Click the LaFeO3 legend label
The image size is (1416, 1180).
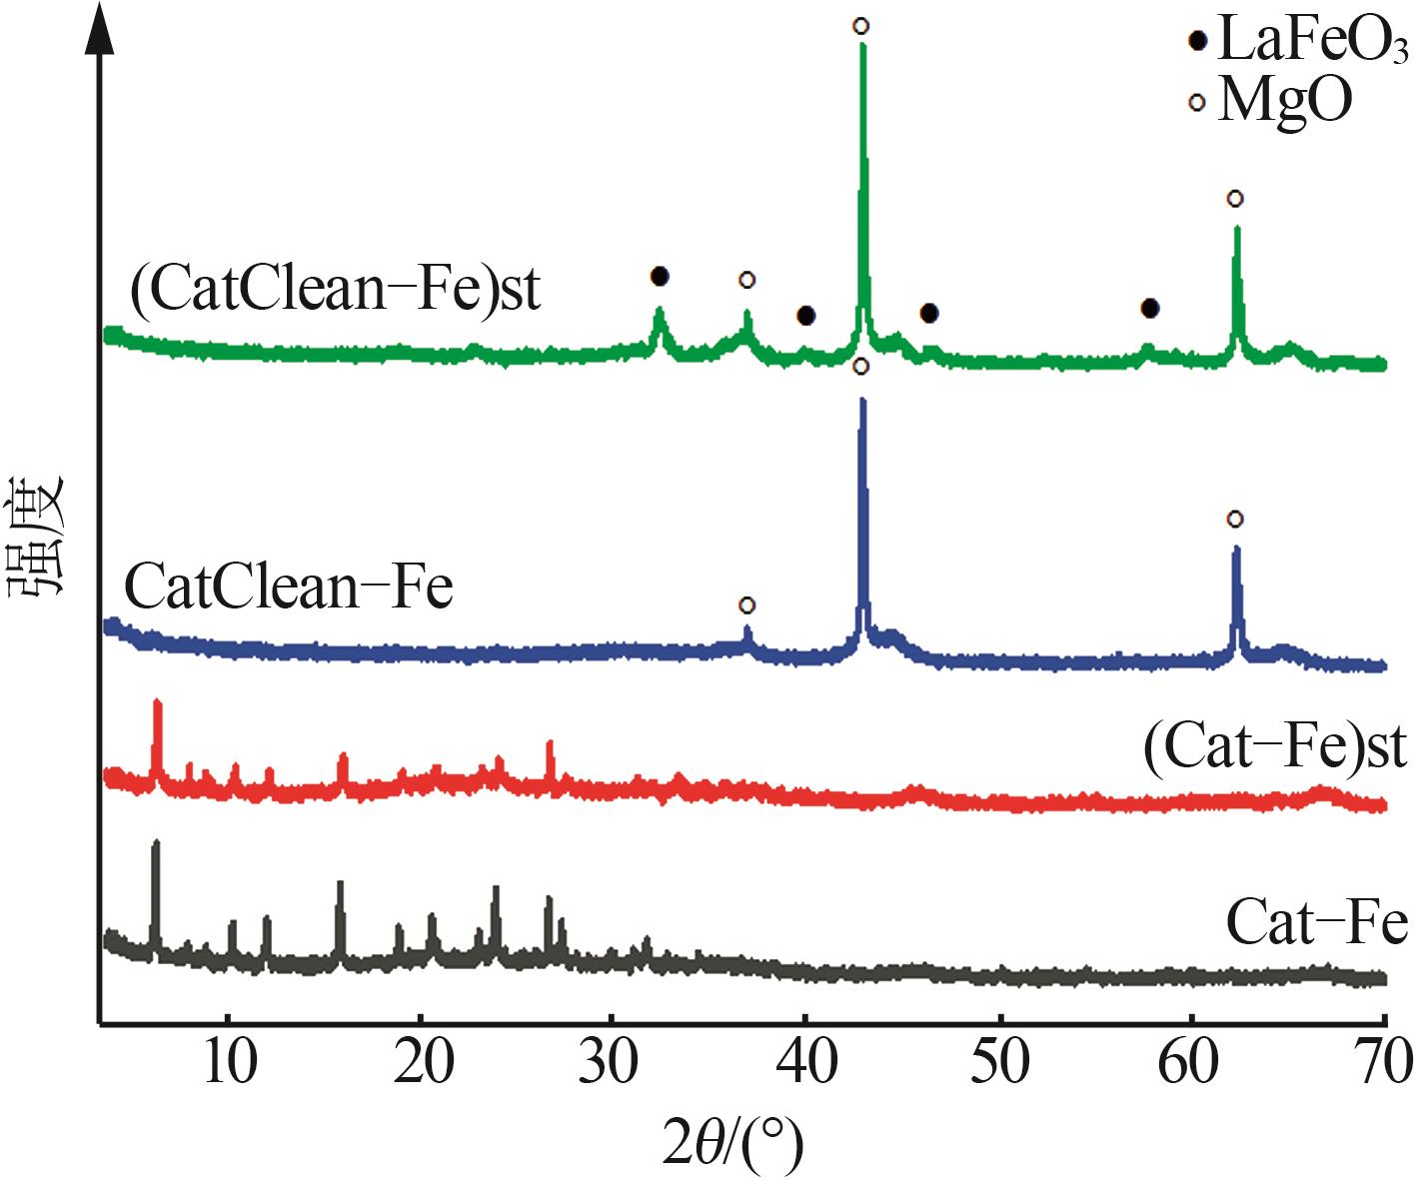tap(1313, 46)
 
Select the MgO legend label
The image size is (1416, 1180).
tap(1285, 101)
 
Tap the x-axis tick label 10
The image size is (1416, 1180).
tap(229, 1063)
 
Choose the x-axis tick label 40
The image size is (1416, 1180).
tap(805, 1063)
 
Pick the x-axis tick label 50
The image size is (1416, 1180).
tap(998, 1063)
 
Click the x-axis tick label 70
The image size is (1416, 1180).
tap(1383, 1063)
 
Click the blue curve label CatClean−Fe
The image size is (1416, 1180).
tap(289, 587)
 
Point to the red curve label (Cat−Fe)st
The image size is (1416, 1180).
tap(1274, 747)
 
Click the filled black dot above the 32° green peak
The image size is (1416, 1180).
tap(659, 276)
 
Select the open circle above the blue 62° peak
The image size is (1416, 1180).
tap(1235, 519)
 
